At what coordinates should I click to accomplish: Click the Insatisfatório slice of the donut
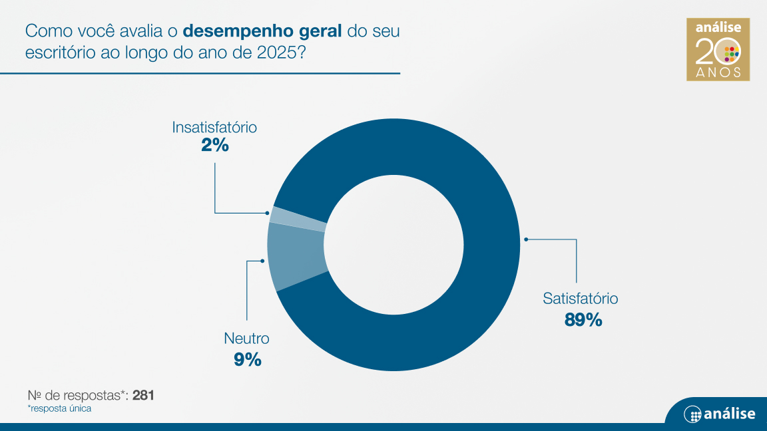[297, 219]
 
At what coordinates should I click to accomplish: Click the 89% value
[583, 319]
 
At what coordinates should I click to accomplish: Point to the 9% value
[248, 360]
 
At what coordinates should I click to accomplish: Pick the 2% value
[215, 145]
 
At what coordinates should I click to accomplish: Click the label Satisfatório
[580, 298]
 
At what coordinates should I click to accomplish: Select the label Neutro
[246, 338]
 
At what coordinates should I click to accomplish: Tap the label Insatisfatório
[214, 127]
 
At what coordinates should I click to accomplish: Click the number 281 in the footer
[143, 395]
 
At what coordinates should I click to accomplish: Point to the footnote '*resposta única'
[60, 408]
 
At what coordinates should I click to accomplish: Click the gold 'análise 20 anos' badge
[718, 49]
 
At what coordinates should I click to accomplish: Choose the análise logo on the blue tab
[720, 414]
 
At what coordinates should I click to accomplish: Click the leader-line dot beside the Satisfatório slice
[526, 239]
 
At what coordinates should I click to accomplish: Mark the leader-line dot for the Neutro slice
[263, 261]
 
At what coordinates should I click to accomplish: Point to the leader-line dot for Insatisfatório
[267, 213]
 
